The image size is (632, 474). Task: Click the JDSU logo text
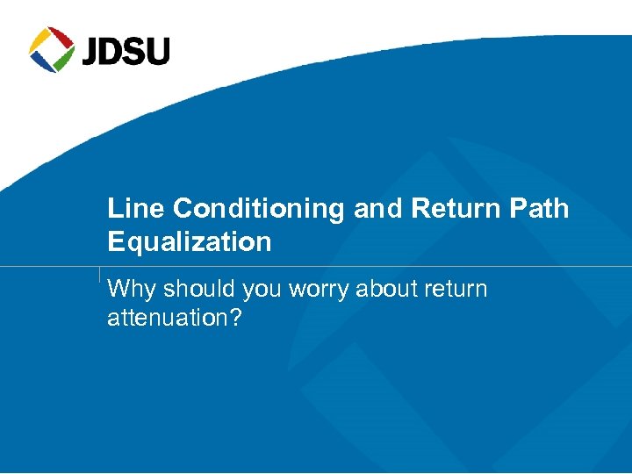[x=126, y=51]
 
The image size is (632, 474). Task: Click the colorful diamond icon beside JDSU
[x=52, y=49]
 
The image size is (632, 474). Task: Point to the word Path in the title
[x=536, y=209]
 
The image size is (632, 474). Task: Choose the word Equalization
[x=189, y=242]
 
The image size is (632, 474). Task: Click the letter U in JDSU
[x=159, y=51]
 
